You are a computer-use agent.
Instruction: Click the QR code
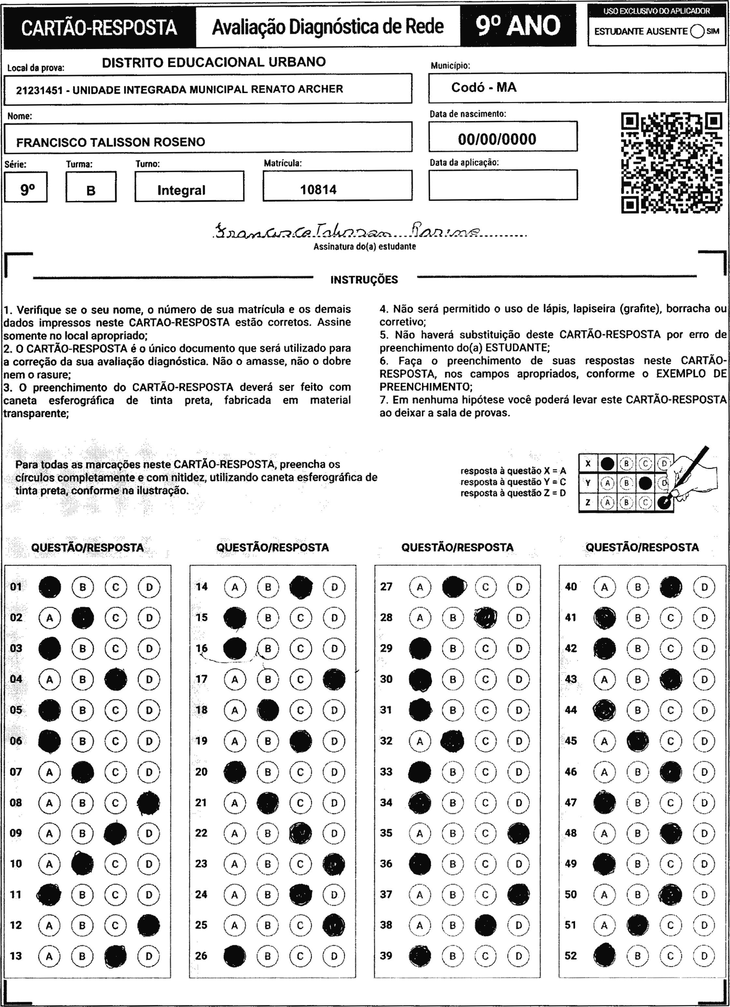pyautogui.click(x=671, y=163)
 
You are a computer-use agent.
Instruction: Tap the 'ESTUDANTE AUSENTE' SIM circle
pyautogui.click(x=697, y=32)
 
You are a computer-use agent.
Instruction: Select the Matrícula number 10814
pyautogui.click(x=318, y=190)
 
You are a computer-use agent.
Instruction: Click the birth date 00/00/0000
pyautogui.click(x=497, y=139)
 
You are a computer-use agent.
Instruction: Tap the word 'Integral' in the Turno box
pyautogui.click(x=181, y=190)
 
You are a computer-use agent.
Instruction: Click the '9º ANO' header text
pyautogui.click(x=518, y=26)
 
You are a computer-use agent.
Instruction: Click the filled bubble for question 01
pyautogui.click(x=50, y=587)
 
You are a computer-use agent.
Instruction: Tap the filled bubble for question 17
pyautogui.click(x=334, y=679)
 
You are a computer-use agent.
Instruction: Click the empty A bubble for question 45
pyautogui.click(x=604, y=741)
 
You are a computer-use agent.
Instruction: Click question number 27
pyautogui.click(x=386, y=587)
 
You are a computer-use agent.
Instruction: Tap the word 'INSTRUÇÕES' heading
pyautogui.click(x=364, y=280)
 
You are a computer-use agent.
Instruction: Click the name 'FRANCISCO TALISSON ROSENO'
pyautogui.click(x=111, y=143)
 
